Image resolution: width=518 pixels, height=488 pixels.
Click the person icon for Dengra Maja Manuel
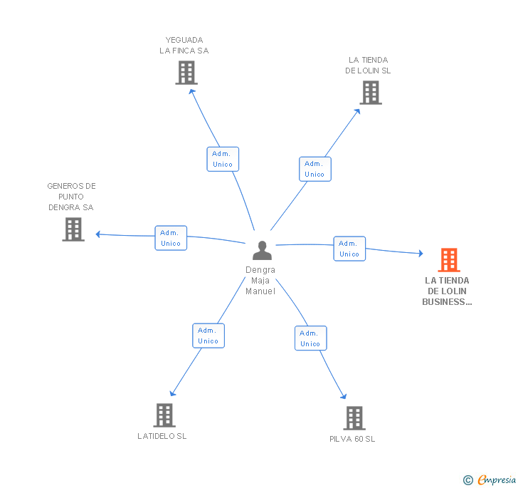(262, 250)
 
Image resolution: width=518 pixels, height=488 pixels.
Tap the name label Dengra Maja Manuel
(260, 281)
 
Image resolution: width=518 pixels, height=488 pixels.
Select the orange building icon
(448, 260)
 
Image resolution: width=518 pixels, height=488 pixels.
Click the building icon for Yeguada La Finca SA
(186, 73)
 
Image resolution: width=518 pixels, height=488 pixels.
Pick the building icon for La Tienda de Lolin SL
(370, 93)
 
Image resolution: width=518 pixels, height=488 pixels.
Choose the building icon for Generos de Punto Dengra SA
(73, 229)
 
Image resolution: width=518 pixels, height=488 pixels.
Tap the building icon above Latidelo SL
(164, 415)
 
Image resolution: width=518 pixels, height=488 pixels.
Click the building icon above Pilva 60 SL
(354, 417)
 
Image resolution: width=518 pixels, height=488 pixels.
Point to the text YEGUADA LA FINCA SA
(184, 46)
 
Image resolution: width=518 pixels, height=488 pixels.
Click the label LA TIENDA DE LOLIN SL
(368, 66)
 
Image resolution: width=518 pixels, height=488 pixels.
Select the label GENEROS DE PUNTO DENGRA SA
(71, 197)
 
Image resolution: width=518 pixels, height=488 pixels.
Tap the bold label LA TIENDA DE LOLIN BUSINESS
(448, 291)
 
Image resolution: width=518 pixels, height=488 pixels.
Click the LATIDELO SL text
(162, 436)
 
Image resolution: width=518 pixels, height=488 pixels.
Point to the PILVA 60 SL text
(352, 439)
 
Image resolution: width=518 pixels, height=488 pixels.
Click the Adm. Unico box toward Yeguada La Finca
(223, 159)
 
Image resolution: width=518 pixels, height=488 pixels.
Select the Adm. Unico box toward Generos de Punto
(171, 238)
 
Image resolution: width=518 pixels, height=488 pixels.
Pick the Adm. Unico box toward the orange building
(349, 249)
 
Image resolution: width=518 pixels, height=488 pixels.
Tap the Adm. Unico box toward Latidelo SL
(208, 336)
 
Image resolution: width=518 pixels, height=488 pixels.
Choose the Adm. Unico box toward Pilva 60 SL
(310, 338)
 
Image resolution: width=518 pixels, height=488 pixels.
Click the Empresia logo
(490, 479)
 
